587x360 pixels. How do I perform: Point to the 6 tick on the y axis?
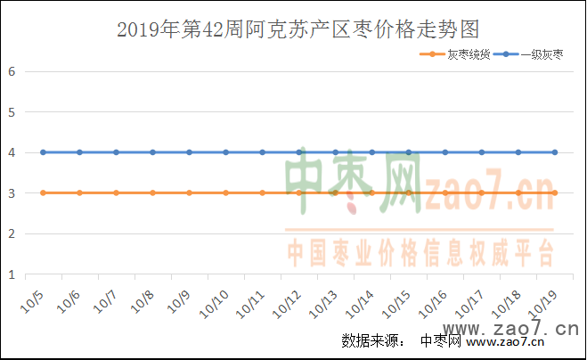(x=12, y=71)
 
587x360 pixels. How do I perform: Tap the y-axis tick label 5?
(x=12, y=112)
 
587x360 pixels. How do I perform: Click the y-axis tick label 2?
(x=12, y=233)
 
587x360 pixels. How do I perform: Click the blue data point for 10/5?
(x=43, y=152)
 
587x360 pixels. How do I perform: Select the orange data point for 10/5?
(x=43, y=192)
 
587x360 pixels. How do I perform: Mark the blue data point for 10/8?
(x=152, y=152)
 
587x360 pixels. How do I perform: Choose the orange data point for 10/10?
(x=225, y=192)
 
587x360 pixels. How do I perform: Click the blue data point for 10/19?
(x=555, y=152)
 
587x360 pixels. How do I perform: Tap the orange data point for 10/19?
(x=555, y=192)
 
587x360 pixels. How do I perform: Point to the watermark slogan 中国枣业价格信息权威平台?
(x=420, y=253)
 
